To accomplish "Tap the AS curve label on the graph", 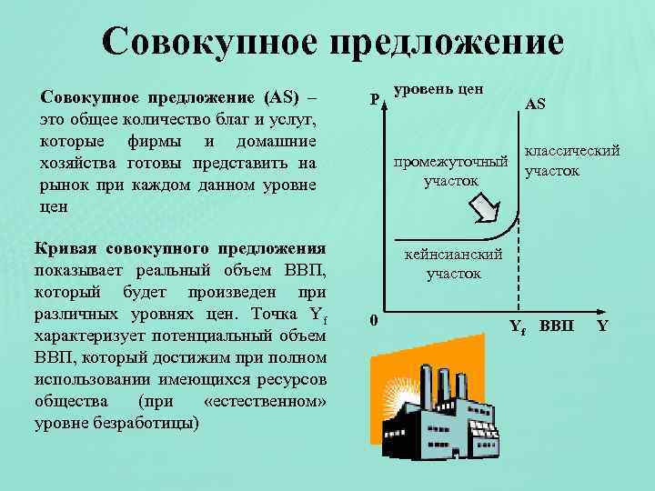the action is click(x=535, y=105).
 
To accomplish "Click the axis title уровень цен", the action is click(x=438, y=91).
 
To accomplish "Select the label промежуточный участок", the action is click(x=449, y=172).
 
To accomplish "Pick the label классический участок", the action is click(x=570, y=160).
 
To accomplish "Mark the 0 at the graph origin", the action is click(x=373, y=319).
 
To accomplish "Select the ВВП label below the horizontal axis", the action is click(x=557, y=326).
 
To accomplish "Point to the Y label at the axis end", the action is click(x=602, y=325).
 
